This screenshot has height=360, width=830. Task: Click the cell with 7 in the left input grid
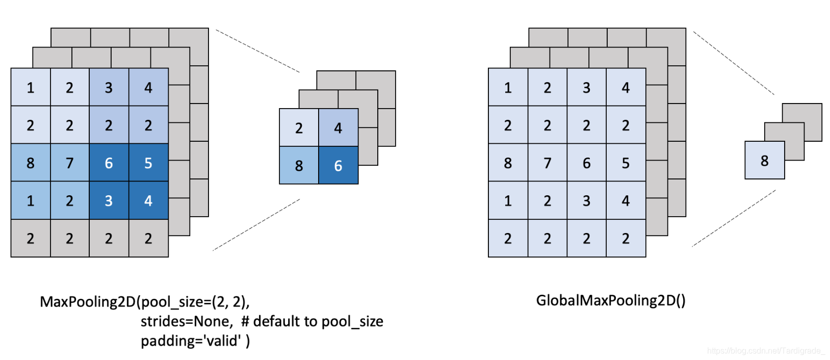click(x=70, y=163)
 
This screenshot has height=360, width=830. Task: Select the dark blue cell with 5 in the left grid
click(x=148, y=163)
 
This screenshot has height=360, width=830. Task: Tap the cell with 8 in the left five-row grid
click(x=31, y=163)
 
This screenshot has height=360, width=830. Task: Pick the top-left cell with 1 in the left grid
click(x=31, y=87)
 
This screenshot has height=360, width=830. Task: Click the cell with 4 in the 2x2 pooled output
click(x=338, y=128)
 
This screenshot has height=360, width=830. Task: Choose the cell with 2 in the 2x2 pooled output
click(x=299, y=128)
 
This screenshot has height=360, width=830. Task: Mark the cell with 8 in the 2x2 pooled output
click(x=299, y=165)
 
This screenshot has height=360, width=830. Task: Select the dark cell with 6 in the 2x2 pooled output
click(x=338, y=165)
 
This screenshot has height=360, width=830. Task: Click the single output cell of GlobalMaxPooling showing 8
click(x=764, y=161)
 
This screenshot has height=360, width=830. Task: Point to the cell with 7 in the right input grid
click(x=548, y=163)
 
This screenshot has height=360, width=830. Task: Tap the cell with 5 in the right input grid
click(x=626, y=163)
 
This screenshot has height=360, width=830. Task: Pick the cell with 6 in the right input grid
click(x=587, y=163)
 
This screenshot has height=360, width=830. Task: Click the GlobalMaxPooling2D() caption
click(x=610, y=300)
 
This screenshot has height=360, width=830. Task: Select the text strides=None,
click(x=187, y=321)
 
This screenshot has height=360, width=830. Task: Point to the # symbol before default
click(x=245, y=321)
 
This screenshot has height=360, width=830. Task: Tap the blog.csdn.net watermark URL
click(x=765, y=351)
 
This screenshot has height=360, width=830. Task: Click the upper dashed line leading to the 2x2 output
click(x=257, y=50)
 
